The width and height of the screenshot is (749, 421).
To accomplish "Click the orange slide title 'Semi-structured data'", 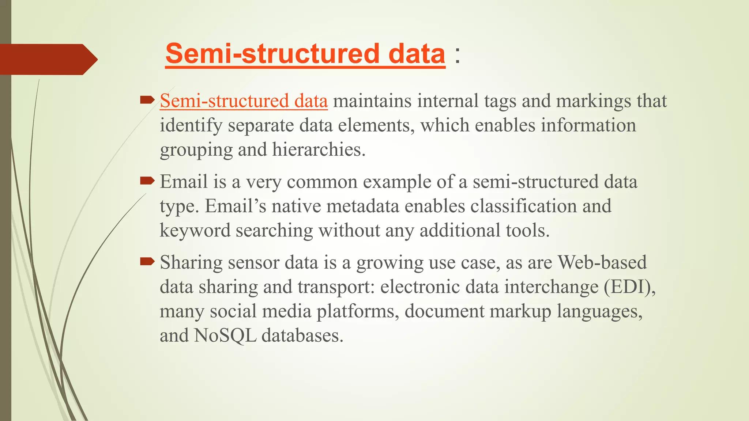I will tap(305, 54).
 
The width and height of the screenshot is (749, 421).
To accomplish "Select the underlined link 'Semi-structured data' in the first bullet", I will tap(244, 101).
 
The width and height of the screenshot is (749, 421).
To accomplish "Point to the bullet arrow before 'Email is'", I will tap(147, 180).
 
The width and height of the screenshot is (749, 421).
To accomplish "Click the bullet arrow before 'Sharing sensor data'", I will tap(147, 261).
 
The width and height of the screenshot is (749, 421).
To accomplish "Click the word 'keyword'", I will tap(195, 231).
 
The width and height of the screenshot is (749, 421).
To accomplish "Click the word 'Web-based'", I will tap(602, 262).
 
